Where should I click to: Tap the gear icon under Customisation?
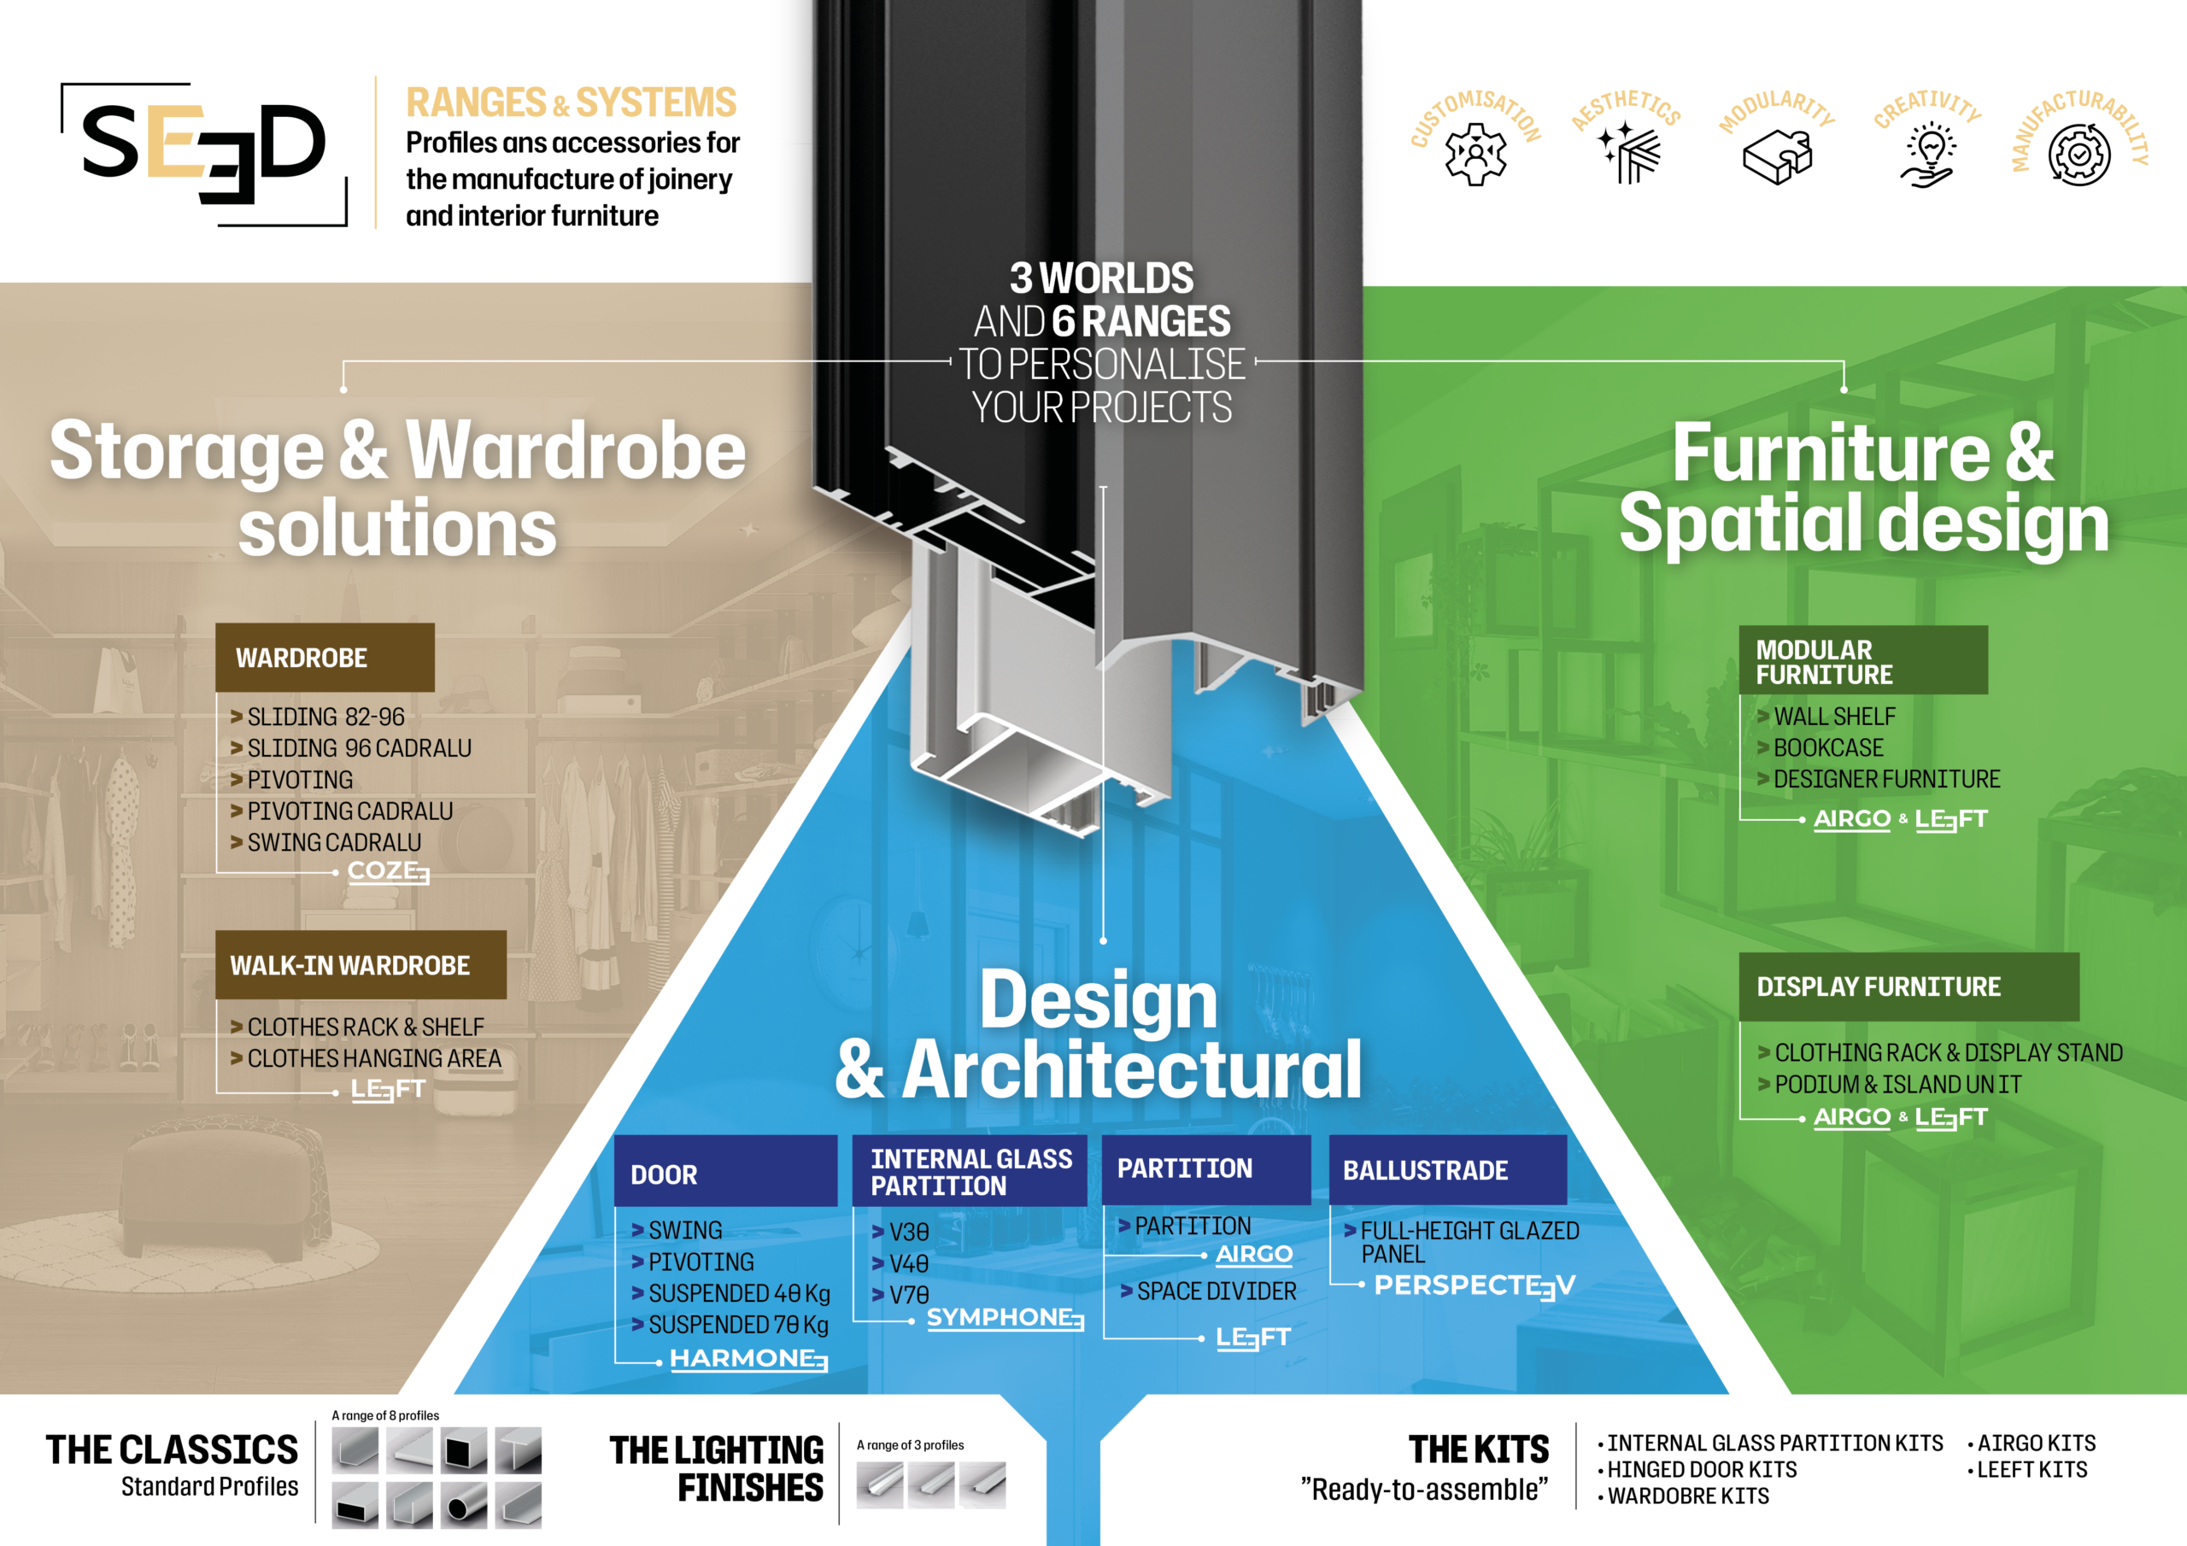(x=1475, y=154)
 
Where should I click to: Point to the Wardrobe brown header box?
(x=325, y=658)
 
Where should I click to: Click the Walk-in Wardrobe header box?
(x=360, y=965)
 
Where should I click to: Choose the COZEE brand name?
(x=388, y=870)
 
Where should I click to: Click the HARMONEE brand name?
(x=748, y=1358)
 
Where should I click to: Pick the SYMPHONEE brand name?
(x=1004, y=1317)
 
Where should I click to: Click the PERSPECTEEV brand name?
(x=1474, y=1286)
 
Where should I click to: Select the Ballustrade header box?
(x=1447, y=1169)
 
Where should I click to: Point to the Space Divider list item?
(x=1216, y=1291)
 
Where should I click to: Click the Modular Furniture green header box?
(x=1862, y=661)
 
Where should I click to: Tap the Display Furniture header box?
(x=1908, y=987)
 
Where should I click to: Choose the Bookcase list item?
(x=1828, y=747)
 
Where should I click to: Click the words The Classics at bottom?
(x=173, y=1449)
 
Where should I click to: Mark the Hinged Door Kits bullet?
(x=1701, y=1470)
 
